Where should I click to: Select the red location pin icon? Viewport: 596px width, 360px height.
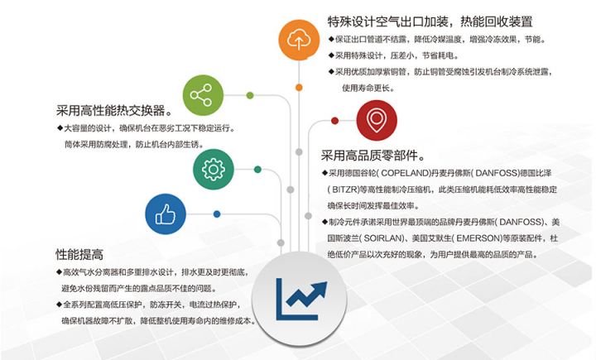point(377,122)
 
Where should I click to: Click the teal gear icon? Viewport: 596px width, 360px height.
point(214,169)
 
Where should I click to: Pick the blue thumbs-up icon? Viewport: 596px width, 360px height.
point(166,214)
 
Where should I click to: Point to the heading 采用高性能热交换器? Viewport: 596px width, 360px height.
point(114,110)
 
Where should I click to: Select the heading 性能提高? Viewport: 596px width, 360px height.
point(79,253)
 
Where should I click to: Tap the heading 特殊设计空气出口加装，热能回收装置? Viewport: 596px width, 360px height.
point(430,22)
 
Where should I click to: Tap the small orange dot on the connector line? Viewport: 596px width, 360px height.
point(298,85)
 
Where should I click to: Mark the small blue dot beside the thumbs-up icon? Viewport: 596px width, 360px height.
point(217,214)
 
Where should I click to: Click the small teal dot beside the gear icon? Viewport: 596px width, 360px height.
point(257,169)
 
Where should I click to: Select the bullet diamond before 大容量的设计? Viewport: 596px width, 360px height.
point(60,128)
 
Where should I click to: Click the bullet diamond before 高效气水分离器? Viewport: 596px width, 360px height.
point(59,271)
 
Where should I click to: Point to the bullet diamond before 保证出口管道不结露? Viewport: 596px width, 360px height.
point(332,39)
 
